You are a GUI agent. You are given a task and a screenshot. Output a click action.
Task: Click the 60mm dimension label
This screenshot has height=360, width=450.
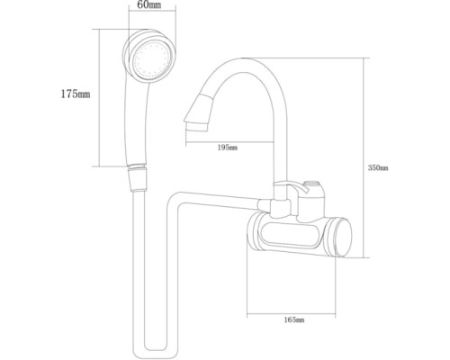(x=149, y=5)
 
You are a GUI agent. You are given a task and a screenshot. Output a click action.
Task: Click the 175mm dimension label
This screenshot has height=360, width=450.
(x=76, y=94)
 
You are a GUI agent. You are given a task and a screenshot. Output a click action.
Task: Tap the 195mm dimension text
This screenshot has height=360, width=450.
(x=228, y=148)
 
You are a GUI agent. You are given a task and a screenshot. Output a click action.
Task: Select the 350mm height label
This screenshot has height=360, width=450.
(x=378, y=168)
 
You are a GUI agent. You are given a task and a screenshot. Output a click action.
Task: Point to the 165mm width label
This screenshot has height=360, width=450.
(x=294, y=319)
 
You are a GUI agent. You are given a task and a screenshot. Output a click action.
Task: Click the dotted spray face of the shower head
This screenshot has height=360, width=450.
(x=149, y=59)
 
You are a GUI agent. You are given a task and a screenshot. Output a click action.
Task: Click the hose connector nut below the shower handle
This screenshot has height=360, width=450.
(x=138, y=177)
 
